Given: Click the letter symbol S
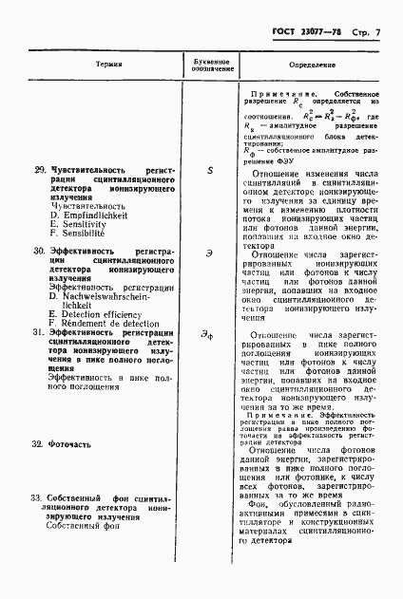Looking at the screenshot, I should pyautogui.click(x=209, y=170).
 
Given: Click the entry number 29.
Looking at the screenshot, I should pyautogui.click(x=40, y=170).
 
